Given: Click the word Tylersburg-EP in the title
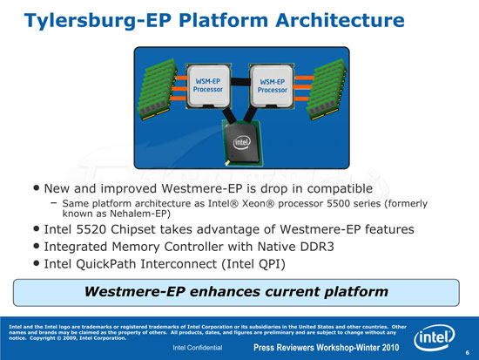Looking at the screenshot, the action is (98, 22).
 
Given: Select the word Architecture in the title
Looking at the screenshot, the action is (340, 21).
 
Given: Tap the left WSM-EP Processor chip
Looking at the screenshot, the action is (208, 86).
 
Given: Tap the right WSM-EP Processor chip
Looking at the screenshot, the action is (272, 86).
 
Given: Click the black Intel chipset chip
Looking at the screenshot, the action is (243, 143).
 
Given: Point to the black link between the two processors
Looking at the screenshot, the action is (240, 82).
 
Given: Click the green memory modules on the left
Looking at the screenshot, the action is (158, 89).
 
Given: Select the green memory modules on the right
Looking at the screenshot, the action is (327, 89).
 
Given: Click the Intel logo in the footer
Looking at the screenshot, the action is (434, 337).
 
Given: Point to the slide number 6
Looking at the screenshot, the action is (468, 353).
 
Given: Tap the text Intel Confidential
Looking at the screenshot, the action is (198, 348).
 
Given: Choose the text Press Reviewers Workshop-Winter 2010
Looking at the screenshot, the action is (327, 348).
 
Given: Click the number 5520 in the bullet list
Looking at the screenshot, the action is (91, 229).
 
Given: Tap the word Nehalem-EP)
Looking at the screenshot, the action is (140, 214).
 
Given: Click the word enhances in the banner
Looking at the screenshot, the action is (225, 291).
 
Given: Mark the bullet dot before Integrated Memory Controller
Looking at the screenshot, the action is (37, 246).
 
